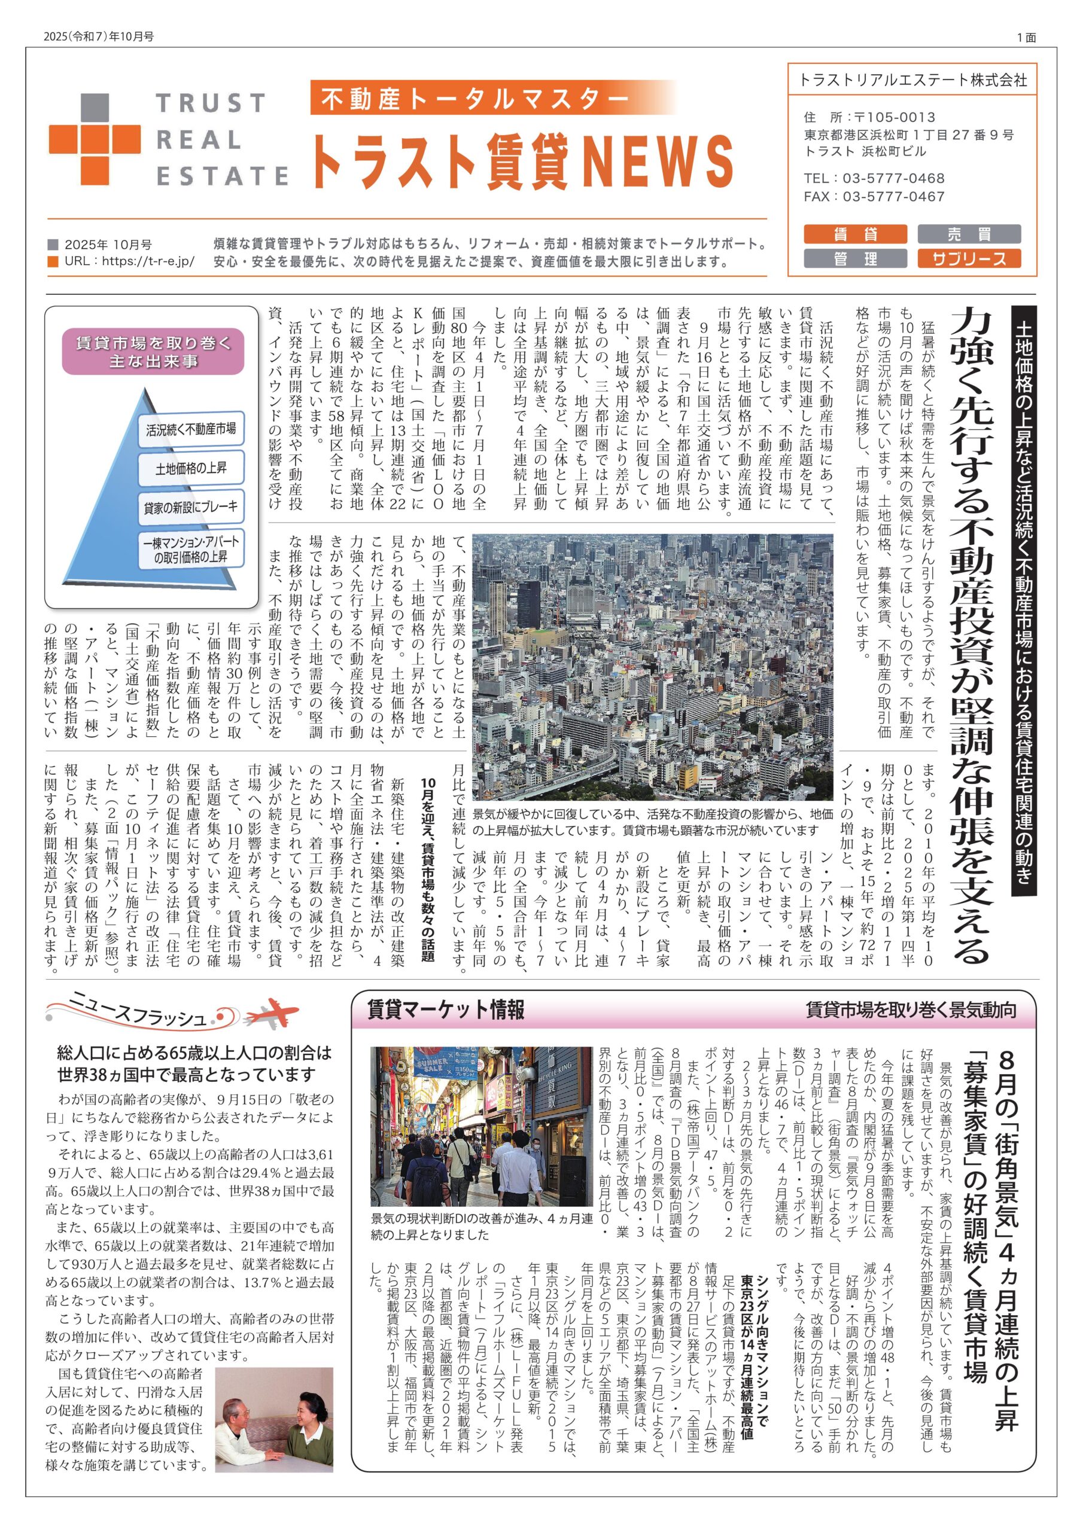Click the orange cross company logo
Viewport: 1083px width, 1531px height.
tap(94, 139)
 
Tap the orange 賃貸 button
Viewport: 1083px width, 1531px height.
tap(855, 234)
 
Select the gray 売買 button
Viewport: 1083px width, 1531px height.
tap(969, 234)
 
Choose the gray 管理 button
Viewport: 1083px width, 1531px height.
tap(855, 259)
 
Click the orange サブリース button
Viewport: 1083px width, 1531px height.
tap(969, 259)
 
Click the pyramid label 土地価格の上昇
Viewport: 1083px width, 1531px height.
tap(190, 468)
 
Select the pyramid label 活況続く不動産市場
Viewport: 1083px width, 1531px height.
tap(191, 429)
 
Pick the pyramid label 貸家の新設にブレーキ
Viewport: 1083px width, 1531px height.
tap(190, 508)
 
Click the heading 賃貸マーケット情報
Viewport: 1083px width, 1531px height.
tap(446, 1010)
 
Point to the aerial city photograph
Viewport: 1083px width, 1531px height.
tap(652, 666)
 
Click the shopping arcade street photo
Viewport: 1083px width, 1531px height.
tap(481, 1126)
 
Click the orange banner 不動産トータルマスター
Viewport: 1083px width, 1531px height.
tap(474, 99)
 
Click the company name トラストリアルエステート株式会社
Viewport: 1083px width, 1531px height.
tap(912, 80)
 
